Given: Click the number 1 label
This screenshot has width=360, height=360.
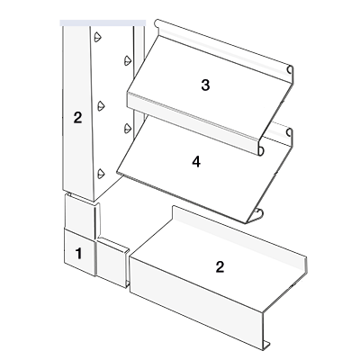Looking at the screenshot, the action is click(x=78, y=254).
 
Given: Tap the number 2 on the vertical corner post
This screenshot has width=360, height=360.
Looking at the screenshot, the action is click(x=77, y=118).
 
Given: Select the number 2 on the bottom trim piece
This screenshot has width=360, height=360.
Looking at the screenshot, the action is click(x=220, y=266).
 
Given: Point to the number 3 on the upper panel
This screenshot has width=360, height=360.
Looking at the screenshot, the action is click(x=205, y=85).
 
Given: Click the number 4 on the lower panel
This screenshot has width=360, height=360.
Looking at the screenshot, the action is click(x=196, y=162).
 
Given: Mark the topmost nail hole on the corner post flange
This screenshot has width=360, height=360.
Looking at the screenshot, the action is click(x=98, y=37).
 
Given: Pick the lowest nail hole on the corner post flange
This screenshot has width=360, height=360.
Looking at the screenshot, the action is click(x=101, y=174).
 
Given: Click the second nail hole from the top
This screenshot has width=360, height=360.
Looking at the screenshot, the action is click(x=128, y=60).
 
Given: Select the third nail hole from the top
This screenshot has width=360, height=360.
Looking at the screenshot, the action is click(x=101, y=106).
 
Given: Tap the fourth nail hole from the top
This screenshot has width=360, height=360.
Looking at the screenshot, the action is click(x=128, y=129).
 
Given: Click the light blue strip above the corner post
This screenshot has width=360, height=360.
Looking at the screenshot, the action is click(x=103, y=22).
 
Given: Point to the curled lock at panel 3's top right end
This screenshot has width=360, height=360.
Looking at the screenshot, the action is click(x=290, y=69).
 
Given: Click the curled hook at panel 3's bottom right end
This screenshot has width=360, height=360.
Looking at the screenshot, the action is click(x=261, y=150).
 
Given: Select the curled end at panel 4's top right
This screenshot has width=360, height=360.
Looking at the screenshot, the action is click(x=290, y=132).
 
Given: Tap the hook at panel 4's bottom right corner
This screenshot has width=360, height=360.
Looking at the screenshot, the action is click(x=257, y=213).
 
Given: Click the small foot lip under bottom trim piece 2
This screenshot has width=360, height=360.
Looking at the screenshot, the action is click(x=265, y=346).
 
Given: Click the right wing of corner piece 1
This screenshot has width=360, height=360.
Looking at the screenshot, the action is click(x=112, y=262).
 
